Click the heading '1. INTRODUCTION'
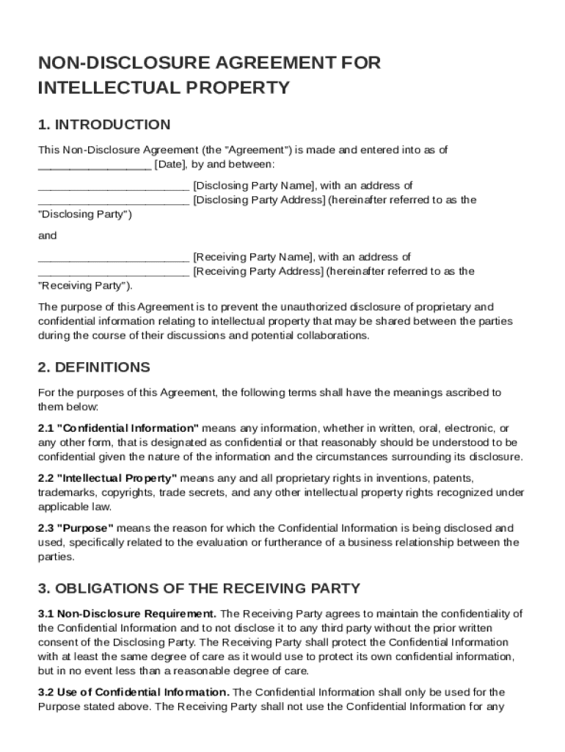(x=104, y=124)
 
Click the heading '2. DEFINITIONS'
(x=94, y=367)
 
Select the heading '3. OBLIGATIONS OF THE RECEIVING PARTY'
(x=199, y=588)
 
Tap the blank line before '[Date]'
(x=95, y=164)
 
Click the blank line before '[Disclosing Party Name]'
(x=113, y=186)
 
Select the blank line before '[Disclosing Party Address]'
(x=113, y=200)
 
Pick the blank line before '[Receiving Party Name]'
(x=113, y=257)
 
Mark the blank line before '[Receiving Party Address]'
(x=113, y=272)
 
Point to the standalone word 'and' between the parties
(x=47, y=236)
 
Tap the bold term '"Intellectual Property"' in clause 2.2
(x=117, y=478)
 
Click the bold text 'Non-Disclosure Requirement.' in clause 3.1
(x=136, y=613)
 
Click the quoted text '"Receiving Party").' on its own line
(x=86, y=286)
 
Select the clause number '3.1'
(x=46, y=613)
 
